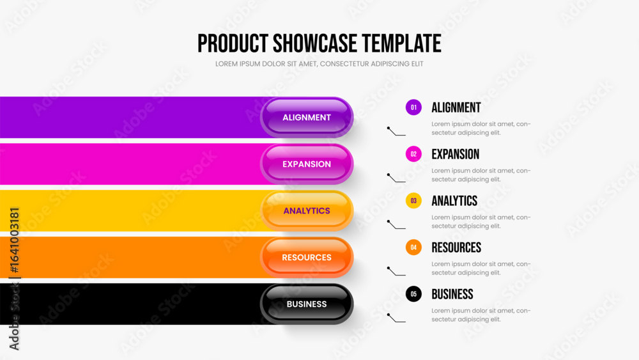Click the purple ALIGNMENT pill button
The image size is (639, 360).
point(307,118)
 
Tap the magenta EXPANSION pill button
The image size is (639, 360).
point(307,164)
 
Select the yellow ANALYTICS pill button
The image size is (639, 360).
point(307,211)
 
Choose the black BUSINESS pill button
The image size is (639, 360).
point(307,304)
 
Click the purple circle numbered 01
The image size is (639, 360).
point(413,107)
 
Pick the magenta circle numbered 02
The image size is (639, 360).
point(413,154)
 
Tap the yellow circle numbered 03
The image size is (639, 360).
point(413,201)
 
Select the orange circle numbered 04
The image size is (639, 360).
point(413,247)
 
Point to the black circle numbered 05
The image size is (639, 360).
point(413,294)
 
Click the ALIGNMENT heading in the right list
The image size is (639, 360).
point(456,107)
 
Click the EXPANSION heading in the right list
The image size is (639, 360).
point(455,154)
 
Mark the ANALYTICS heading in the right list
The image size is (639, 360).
point(454,201)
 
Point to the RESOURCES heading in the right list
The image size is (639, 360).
point(456,247)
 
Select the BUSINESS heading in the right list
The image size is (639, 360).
point(452,294)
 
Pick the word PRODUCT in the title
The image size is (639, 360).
point(233,43)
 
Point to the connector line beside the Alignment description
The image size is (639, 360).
point(396,131)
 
